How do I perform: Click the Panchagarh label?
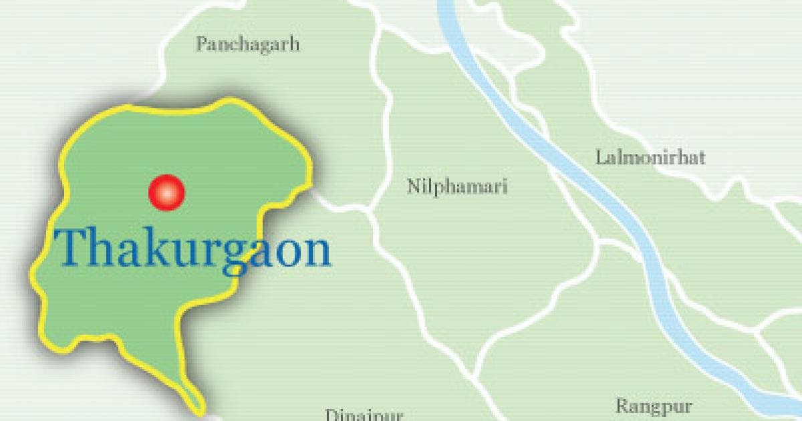[x=247, y=45]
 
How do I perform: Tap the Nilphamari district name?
[x=457, y=186]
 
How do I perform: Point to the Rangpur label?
[x=654, y=406]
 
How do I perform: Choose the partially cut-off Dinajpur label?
[x=364, y=415]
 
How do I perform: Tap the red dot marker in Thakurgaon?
[x=166, y=192]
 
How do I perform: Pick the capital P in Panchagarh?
[x=200, y=45]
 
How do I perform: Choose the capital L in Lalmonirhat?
[x=600, y=158]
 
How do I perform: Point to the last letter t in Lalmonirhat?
[x=702, y=158]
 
